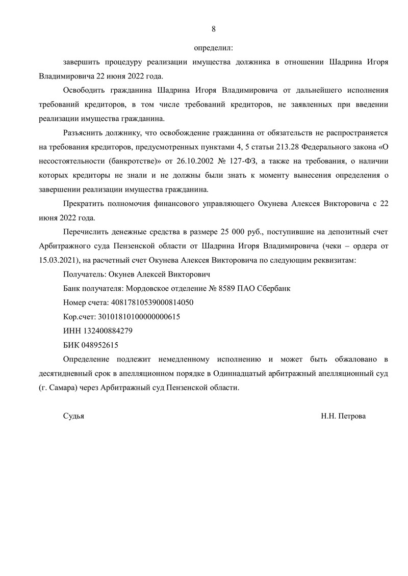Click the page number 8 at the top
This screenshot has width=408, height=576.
[x=213, y=29]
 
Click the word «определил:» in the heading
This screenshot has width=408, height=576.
[x=213, y=48]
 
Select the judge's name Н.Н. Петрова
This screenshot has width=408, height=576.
[x=343, y=416]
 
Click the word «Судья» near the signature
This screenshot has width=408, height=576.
[x=73, y=416]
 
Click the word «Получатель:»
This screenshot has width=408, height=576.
[x=83, y=274]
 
